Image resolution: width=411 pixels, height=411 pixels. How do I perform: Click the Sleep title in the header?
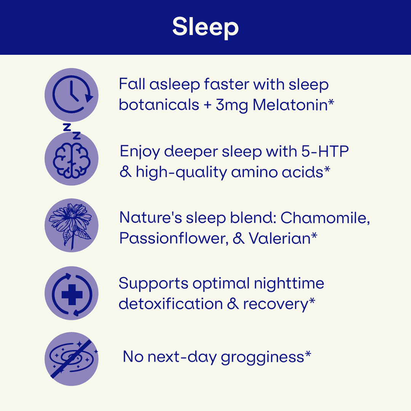[x=205, y=27]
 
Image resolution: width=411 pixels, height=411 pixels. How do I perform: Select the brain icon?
[x=72, y=160]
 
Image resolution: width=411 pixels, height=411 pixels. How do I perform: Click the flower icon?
[x=70, y=226]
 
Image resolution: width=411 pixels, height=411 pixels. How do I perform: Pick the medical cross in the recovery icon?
[x=72, y=295]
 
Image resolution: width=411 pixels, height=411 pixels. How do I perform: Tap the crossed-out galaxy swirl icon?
[x=72, y=359]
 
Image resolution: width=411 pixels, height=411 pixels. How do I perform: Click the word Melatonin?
[x=290, y=105]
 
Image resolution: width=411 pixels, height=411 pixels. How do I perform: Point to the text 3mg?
[x=232, y=106]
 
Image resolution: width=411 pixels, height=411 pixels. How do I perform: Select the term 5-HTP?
[x=325, y=151]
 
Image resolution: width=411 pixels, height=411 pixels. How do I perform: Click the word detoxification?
[x=170, y=304]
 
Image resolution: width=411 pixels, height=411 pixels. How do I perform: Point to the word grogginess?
[x=262, y=357]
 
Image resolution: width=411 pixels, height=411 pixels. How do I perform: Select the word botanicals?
[x=159, y=105]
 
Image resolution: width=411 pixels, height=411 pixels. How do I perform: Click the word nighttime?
[x=289, y=284]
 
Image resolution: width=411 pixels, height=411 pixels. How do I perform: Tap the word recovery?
[x=276, y=304]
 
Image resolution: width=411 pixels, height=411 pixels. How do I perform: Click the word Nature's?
[x=150, y=218]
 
